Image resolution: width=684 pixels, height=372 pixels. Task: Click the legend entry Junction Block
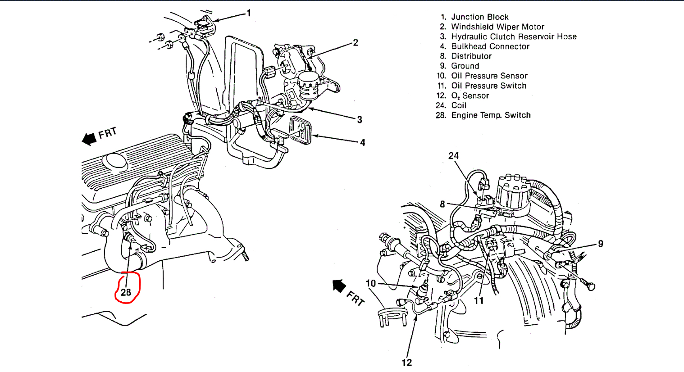[x=479, y=17]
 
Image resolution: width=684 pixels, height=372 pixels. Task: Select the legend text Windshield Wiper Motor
[x=497, y=27]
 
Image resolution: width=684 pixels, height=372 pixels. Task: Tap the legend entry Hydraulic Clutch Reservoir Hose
[x=514, y=37]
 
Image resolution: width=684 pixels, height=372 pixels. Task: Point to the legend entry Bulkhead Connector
[x=490, y=46]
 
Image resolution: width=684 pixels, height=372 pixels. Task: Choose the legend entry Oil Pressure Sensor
[x=489, y=76]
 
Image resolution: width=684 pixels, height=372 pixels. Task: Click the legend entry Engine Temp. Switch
[x=491, y=115]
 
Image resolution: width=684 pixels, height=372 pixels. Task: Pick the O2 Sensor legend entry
[x=470, y=96]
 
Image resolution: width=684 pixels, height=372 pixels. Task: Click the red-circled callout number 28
[x=126, y=292]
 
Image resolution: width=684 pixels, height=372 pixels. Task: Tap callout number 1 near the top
[x=249, y=14]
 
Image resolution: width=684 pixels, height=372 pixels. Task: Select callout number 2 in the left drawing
[x=356, y=43]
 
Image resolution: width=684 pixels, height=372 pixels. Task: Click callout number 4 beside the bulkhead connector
[x=362, y=143]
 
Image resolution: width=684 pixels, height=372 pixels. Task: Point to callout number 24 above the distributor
[x=453, y=156]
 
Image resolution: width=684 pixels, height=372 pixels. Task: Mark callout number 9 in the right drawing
[x=600, y=244]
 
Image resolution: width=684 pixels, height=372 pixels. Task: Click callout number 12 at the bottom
[x=406, y=363]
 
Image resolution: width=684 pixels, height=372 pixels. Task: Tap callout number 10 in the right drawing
[x=370, y=283]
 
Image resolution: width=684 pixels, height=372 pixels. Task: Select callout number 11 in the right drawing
[x=479, y=300]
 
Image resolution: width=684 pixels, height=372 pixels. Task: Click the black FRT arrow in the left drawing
[x=90, y=139]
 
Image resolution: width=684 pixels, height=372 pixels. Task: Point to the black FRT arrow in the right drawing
[x=339, y=286]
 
